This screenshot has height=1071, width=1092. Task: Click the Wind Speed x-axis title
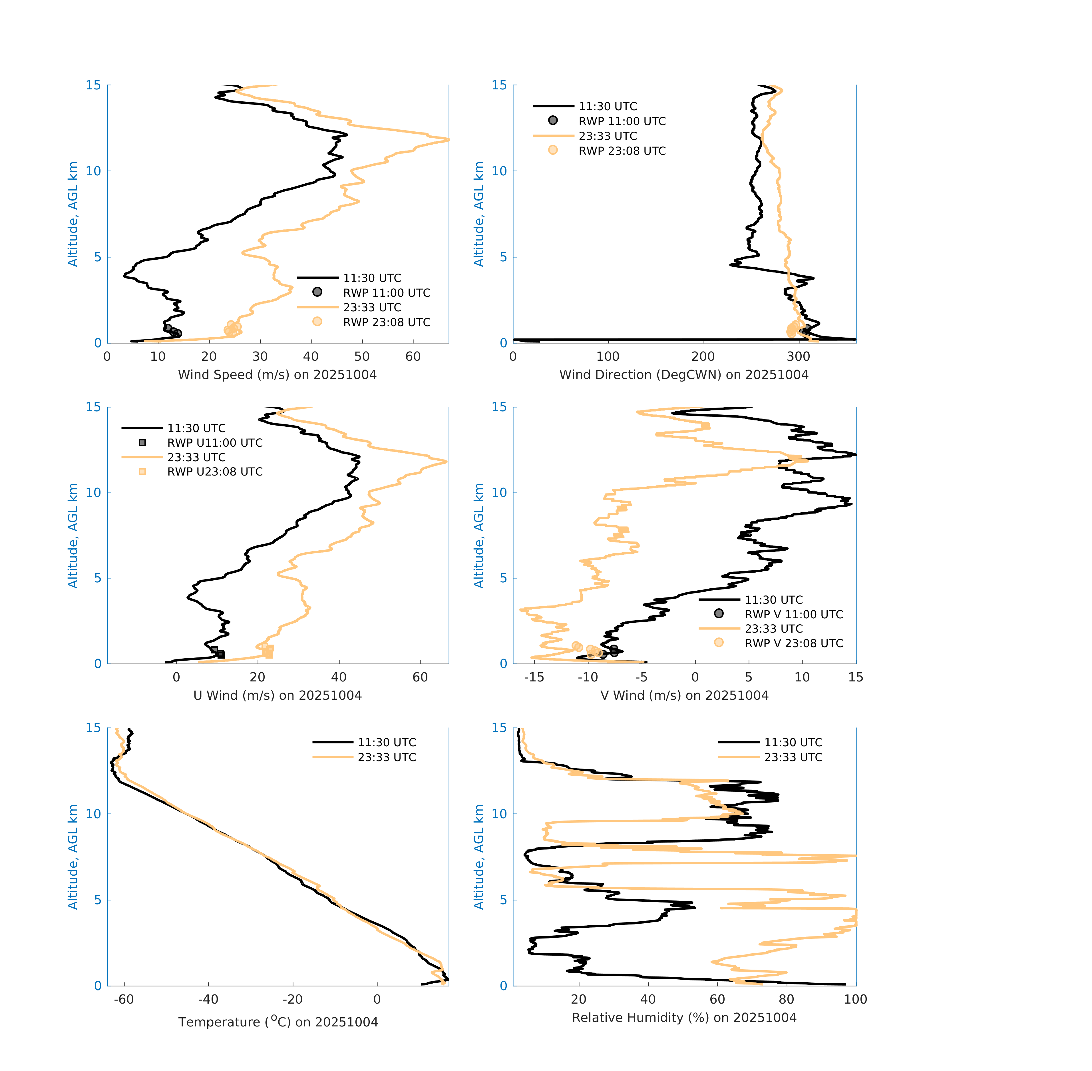point(277,375)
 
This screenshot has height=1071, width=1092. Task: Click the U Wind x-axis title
point(277,695)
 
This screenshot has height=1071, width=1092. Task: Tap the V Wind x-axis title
point(684,695)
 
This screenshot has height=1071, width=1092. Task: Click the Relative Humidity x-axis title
point(684,1018)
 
